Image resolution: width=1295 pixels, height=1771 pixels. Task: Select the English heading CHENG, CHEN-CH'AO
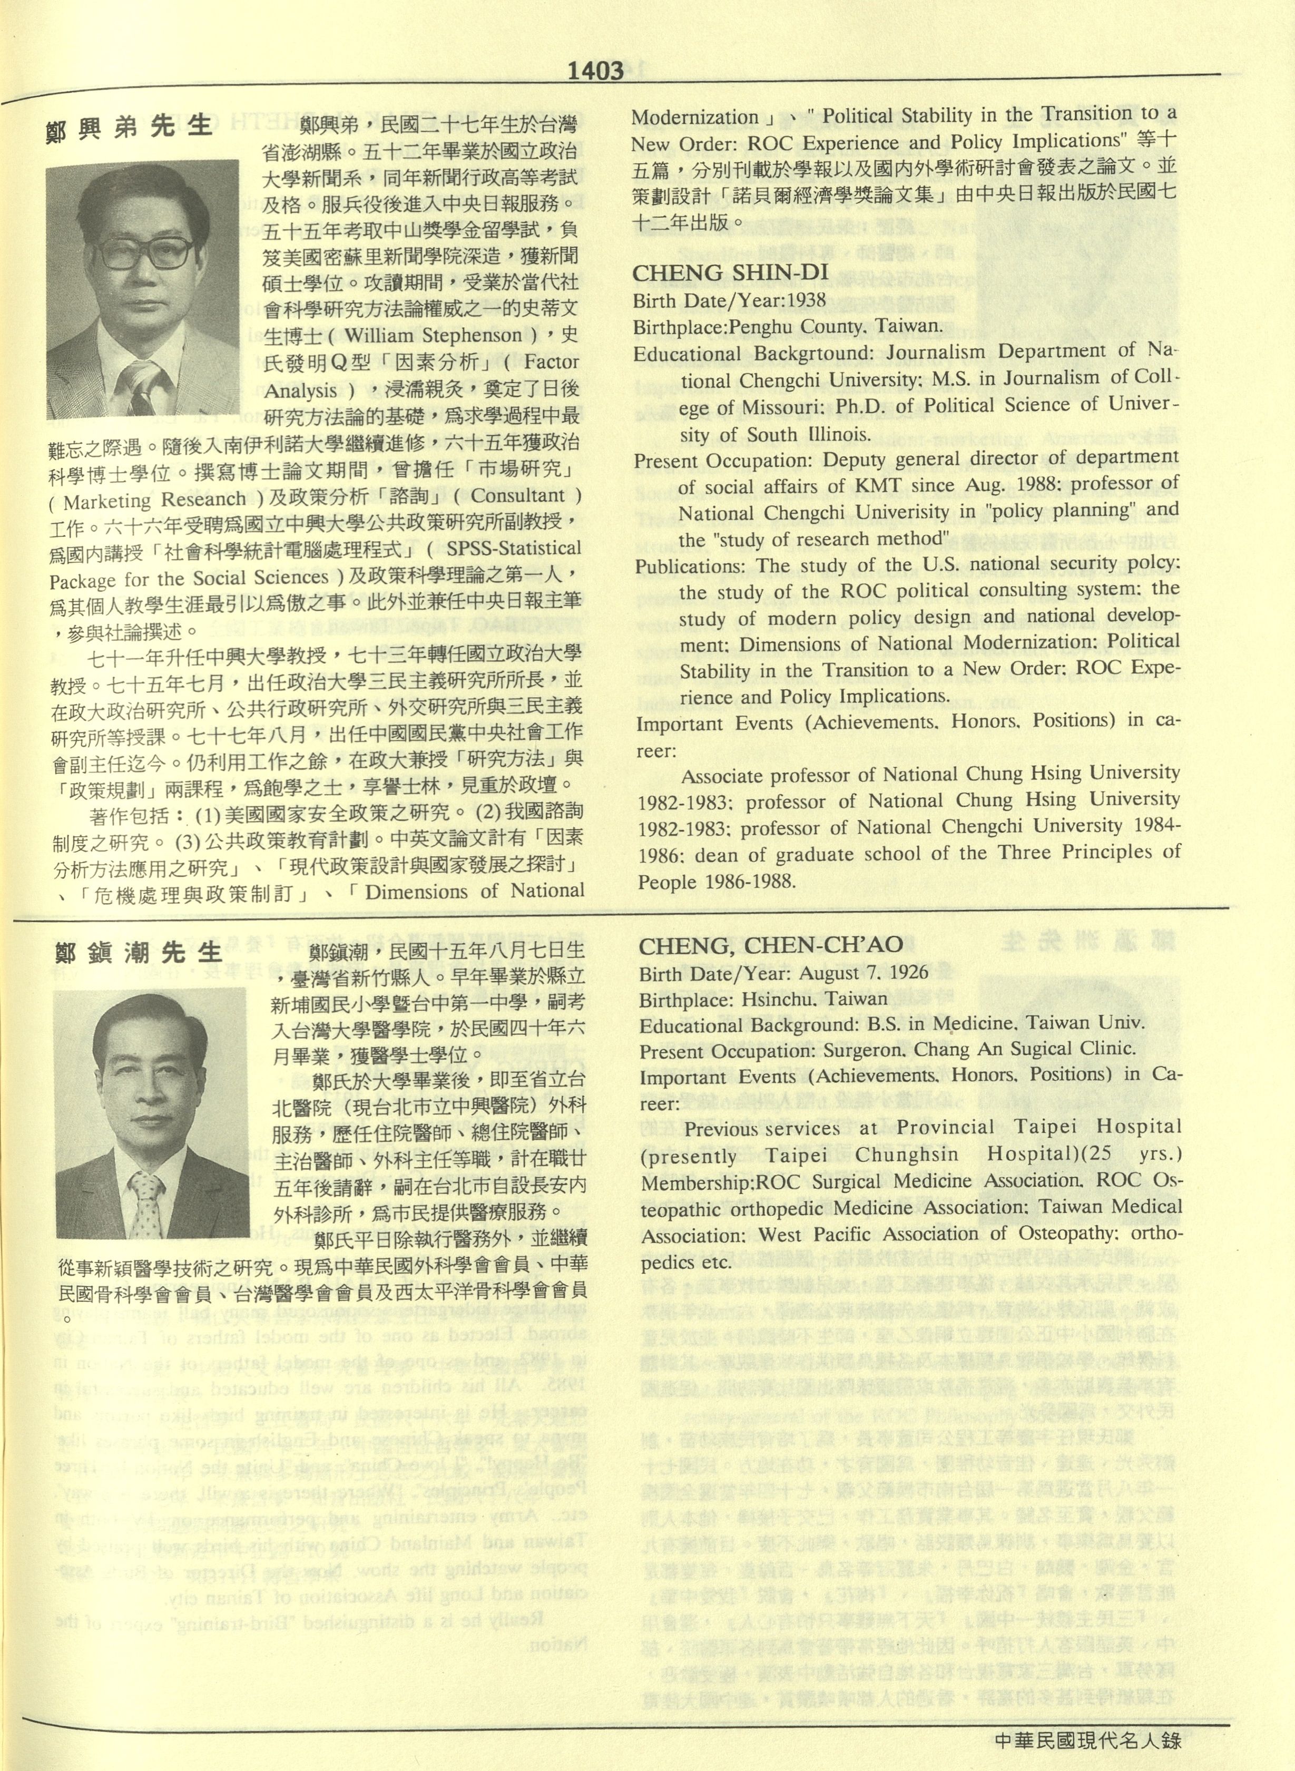coord(771,946)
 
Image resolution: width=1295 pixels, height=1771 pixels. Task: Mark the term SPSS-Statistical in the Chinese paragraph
coord(514,548)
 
